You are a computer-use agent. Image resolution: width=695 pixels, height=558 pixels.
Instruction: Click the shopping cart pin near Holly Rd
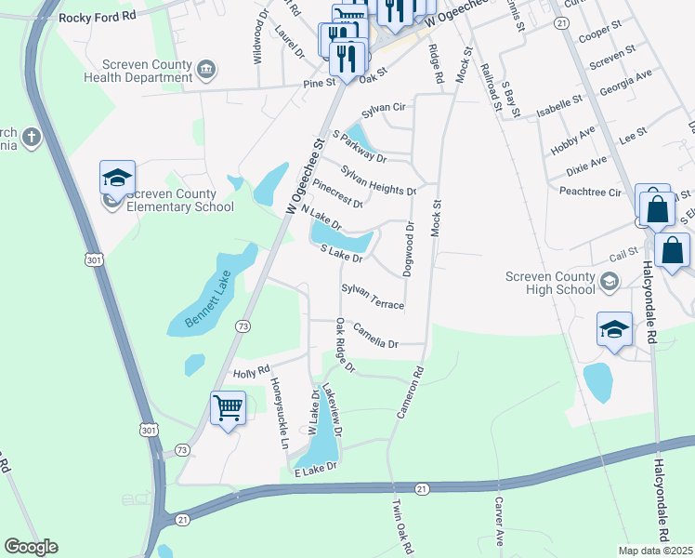pyautogui.click(x=228, y=407)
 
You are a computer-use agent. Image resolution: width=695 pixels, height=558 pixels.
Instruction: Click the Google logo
pyautogui.click(x=31, y=547)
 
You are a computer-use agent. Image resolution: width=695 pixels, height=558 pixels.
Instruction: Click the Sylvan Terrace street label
pyautogui.click(x=373, y=298)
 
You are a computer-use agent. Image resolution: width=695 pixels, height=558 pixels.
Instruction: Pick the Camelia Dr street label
pyautogui.click(x=375, y=338)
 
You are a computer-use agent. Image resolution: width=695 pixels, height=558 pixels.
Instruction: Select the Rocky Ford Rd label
pyautogui.click(x=97, y=18)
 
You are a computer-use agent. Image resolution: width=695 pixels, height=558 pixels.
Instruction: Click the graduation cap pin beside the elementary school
pyautogui.click(x=118, y=178)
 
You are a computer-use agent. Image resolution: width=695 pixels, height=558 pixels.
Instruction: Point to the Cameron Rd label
pyautogui.click(x=410, y=391)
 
